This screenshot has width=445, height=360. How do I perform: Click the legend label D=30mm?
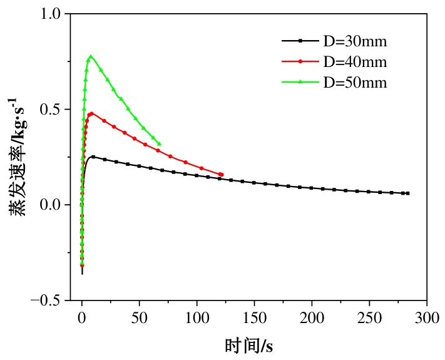point(355,42)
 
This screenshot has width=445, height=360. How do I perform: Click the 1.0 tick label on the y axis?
point(53,14)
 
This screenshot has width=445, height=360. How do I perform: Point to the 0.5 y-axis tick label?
point(53,110)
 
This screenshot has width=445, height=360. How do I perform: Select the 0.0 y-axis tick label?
point(53,205)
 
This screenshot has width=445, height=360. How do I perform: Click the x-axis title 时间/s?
point(249,344)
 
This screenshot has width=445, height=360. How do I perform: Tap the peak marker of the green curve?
point(91,56)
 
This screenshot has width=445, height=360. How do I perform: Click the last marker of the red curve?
point(222,175)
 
